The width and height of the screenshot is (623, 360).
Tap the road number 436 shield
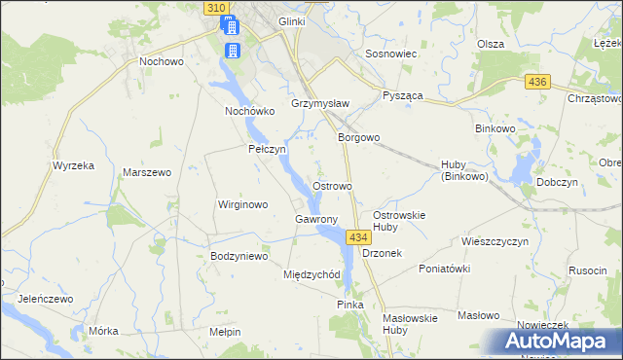536,84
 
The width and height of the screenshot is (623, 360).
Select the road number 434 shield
357,237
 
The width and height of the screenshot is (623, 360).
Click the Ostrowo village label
331,185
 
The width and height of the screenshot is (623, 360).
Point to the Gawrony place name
315,220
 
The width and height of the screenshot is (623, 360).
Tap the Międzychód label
311,274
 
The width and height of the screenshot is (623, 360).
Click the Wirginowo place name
242,205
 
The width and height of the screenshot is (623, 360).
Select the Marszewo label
147,172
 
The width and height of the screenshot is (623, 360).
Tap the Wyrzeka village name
73,165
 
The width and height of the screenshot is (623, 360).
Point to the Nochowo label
162,60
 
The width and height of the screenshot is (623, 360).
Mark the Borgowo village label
358,138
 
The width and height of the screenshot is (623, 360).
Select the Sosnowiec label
390,54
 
